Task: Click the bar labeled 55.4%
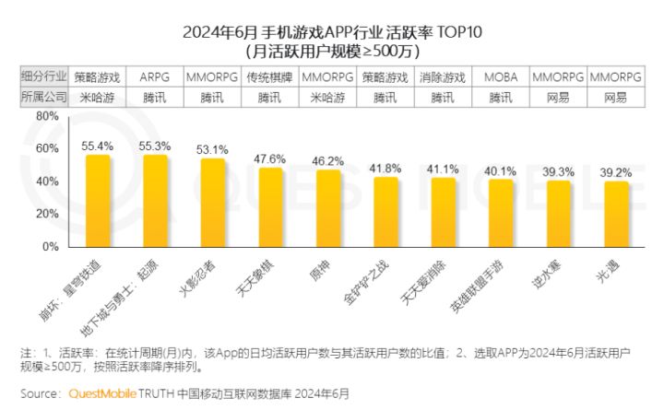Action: point(98,201)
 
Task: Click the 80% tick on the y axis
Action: point(47,117)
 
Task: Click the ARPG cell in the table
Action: point(154,76)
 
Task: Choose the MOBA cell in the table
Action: point(501,76)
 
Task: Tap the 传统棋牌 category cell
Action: point(269,76)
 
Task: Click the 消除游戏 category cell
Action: point(443,76)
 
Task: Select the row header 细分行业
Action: point(41,76)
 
